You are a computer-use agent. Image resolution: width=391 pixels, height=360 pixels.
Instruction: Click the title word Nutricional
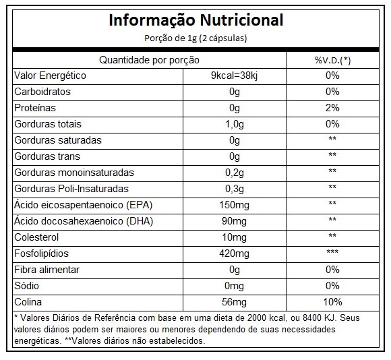(x=241, y=20)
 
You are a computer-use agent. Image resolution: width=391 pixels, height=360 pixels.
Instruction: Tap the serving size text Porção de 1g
(x=171, y=38)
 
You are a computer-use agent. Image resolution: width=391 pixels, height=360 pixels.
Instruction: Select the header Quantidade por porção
(x=149, y=60)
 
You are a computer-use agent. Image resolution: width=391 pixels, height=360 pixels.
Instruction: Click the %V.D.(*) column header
(x=332, y=60)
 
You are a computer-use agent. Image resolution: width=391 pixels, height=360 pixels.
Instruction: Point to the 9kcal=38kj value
(x=234, y=76)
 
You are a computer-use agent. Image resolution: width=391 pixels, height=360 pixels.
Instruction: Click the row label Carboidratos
(x=42, y=92)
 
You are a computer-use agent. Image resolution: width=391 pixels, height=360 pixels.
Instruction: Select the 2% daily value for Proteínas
(x=332, y=108)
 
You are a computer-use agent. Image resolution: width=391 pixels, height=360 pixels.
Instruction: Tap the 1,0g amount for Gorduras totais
(x=235, y=124)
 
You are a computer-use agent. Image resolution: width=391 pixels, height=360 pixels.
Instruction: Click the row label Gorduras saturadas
(x=58, y=140)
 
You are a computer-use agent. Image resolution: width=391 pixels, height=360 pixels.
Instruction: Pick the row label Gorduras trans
(x=47, y=156)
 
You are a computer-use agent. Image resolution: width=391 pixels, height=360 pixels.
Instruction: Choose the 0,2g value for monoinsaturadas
(x=235, y=173)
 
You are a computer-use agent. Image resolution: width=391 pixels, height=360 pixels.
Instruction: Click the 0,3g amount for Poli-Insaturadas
(x=235, y=189)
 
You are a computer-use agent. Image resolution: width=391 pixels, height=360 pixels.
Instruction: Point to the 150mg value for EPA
(x=234, y=205)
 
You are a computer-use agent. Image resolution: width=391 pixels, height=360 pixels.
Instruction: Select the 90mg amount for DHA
(x=234, y=221)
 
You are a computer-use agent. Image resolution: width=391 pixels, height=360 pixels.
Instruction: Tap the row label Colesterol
(x=36, y=237)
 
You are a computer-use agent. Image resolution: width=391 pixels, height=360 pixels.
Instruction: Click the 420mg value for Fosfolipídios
(x=234, y=253)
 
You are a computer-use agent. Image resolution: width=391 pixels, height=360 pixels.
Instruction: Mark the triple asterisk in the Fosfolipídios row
(x=332, y=252)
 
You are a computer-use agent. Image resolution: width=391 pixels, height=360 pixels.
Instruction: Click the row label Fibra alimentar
(x=47, y=270)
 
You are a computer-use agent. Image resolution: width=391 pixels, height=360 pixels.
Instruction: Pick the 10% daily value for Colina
(x=332, y=302)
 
